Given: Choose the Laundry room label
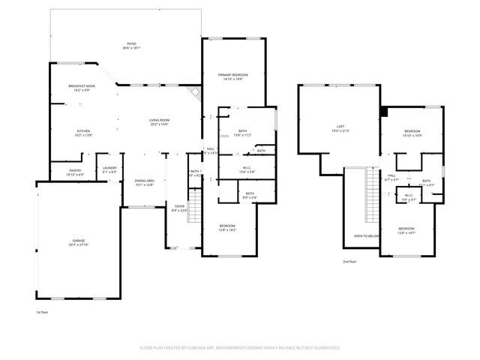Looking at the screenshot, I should tap(109, 168).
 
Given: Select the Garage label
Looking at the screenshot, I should tap(79, 241).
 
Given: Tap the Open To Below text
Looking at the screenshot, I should tap(366, 235).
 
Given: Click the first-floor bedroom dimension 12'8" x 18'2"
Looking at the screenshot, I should tap(227, 229).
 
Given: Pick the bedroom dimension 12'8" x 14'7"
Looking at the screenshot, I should tap(406, 232).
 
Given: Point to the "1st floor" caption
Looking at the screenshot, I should tap(42, 311).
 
